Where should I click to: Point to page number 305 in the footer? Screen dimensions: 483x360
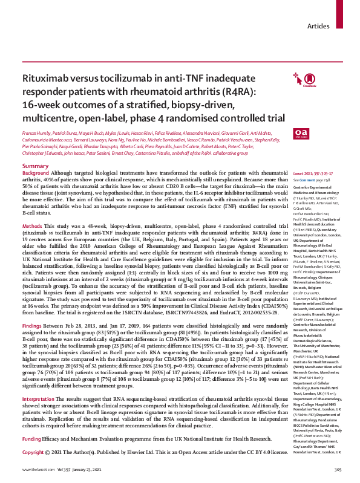pyautogui.click(x=338, y=468)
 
